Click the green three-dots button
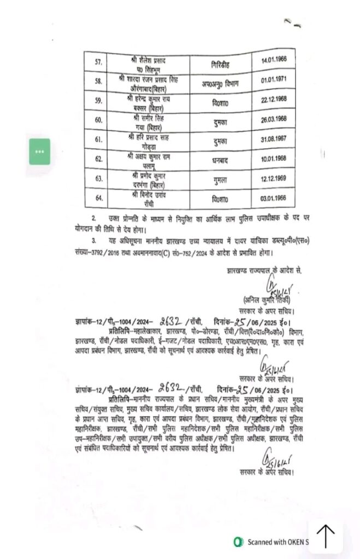40,152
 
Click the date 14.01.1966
279,63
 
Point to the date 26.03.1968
279,120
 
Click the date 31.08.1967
279,139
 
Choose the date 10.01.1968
279,158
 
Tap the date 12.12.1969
279,178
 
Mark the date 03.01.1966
279,197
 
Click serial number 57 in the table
99,63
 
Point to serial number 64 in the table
99,197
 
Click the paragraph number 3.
94,241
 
